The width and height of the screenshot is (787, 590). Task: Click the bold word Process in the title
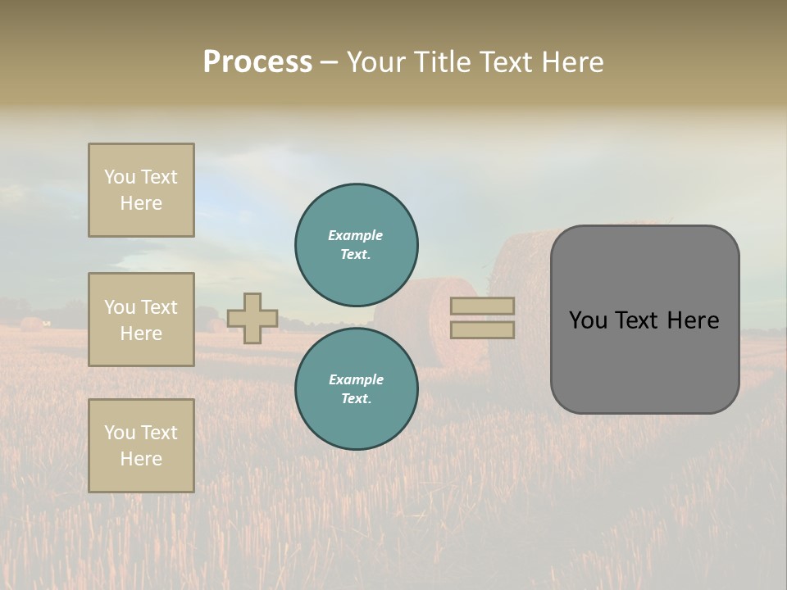pyautogui.click(x=257, y=62)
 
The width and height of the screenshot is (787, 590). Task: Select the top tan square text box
pyautogui.click(x=141, y=190)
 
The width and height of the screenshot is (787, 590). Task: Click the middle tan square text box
pyautogui.click(x=141, y=320)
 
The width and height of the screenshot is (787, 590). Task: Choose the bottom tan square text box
pyautogui.click(x=141, y=446)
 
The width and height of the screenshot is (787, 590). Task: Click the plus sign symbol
pyautogui.click(x=252, y=318)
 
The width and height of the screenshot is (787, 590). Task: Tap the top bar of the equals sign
pyautogui.click(x=483, y=306)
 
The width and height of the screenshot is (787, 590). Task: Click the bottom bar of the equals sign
pyautogui.click(x=483, y=330)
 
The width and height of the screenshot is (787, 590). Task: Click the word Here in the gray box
pyautogui.click(x=693, y=320)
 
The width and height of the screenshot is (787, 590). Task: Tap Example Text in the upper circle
pyautogui.click(x=356, y=245)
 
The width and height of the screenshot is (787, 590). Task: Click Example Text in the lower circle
pyautogui.click(x=356, y=389)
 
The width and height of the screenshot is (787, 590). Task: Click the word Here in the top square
pyautogui.click(x=141, y=203)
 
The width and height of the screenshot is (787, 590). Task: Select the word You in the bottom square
pyautogui.click(x=120, y=433)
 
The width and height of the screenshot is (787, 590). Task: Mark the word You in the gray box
pyautogui.click(x=587, y=320)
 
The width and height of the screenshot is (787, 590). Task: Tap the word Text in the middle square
pyautogui.click(x=159, y=307)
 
